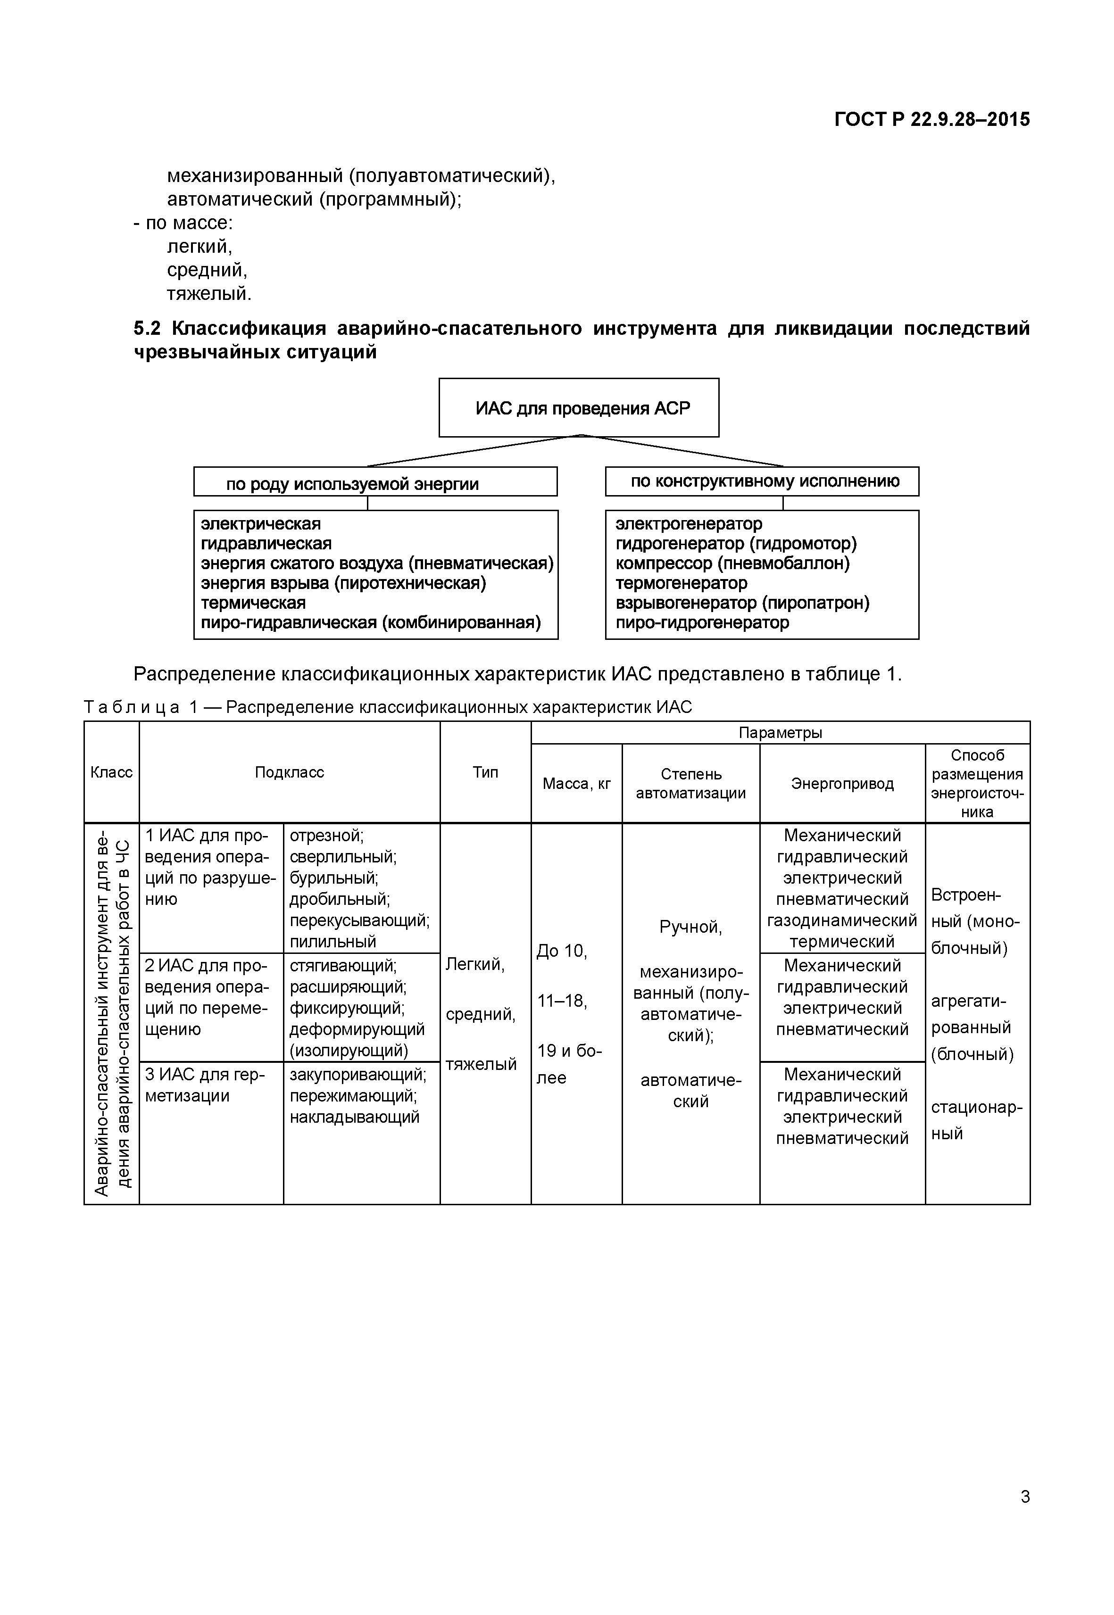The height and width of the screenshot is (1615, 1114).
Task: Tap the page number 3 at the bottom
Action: coord(1025,1516)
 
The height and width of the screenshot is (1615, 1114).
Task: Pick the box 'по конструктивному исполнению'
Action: coord(762,481)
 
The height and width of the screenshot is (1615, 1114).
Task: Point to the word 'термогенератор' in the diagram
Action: coord(681,583)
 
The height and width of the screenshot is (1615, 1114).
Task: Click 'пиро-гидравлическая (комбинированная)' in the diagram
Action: coord(371,622)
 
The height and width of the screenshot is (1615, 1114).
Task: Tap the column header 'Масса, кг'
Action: coord(576,784)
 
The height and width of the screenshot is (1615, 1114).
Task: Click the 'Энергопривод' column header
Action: coord(842,784)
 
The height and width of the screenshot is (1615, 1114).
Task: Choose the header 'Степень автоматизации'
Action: coord(690,784)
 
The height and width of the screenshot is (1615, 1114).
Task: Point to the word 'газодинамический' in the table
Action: coord(842,920)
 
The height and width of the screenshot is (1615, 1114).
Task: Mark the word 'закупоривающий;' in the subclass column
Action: coord(357,1074)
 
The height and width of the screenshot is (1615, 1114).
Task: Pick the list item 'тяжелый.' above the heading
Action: coord(209,294)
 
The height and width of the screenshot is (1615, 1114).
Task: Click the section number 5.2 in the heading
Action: coord(147,328)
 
